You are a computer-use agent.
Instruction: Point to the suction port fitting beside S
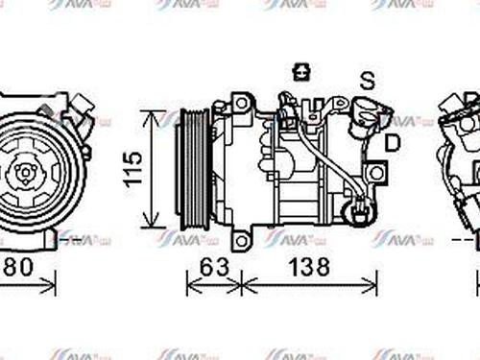point(370,112)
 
